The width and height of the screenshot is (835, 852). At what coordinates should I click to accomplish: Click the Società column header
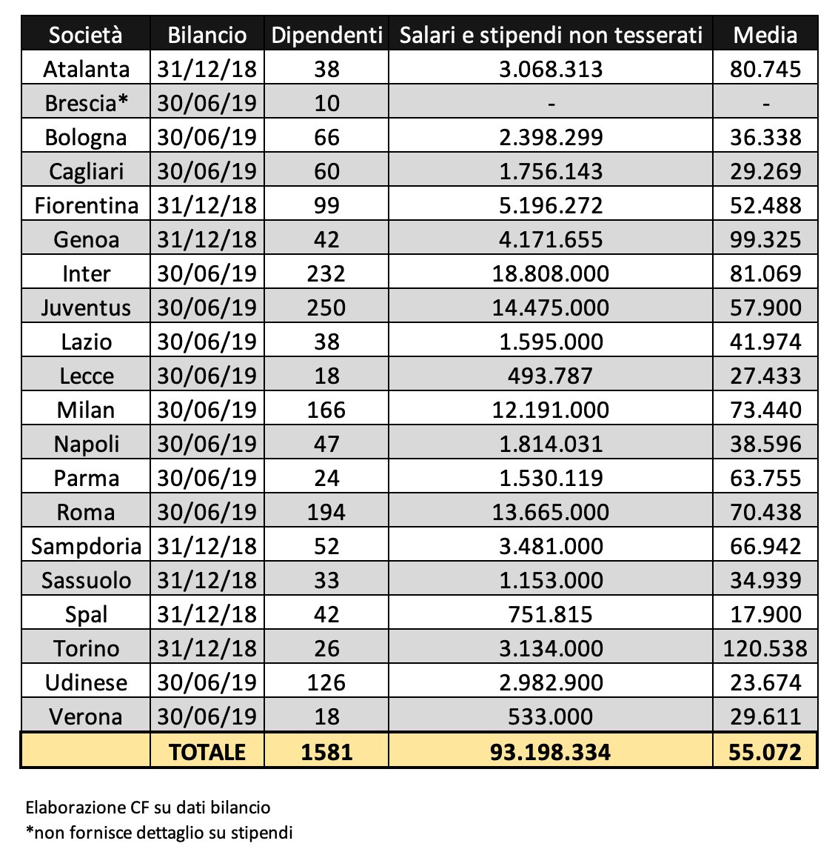point(86,36)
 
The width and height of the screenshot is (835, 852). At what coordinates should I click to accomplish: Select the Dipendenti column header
point(327,36)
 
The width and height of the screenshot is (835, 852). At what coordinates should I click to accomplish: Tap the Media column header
point(765,36)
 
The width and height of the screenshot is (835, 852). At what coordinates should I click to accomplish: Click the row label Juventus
point(86,308)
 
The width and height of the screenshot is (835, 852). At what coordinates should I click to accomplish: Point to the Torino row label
point(86,649)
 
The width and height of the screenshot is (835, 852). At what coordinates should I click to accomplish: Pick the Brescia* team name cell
point(86,103)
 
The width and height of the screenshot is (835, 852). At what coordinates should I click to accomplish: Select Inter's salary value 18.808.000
point(551,274)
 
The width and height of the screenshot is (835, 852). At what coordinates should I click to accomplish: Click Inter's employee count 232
point(326,274)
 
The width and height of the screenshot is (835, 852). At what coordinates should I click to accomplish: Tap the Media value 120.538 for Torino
point(765,649)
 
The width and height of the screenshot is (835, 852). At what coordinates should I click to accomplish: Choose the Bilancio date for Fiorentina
point(207,206)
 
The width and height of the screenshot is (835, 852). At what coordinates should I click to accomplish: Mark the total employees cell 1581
point(326,753)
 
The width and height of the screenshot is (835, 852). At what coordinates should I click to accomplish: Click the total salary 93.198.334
point(551,753)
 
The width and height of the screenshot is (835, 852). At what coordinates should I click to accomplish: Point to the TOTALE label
point(207,753)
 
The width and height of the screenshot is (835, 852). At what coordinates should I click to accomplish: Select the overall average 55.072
point(765,753)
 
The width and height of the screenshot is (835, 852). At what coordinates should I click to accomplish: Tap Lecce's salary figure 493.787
point(551,376)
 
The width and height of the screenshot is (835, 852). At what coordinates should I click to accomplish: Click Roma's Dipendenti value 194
point(326,513)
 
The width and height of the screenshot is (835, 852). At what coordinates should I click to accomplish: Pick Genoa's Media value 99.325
point(765,239)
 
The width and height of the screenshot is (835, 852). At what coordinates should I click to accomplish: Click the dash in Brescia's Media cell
point(766,104)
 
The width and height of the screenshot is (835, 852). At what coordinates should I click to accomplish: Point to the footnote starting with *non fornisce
point(159,833)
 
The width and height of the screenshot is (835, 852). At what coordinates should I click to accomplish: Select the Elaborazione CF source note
point(147,808)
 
